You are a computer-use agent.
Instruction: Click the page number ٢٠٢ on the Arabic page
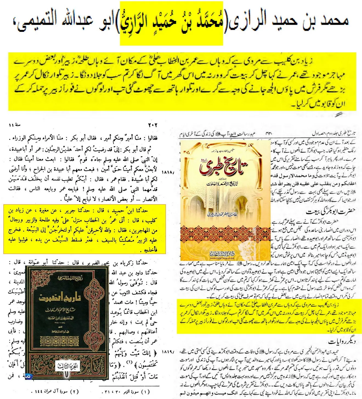[x=152, y=125]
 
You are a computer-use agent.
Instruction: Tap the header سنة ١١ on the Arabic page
[x=15, y=125]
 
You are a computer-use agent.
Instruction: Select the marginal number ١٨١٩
[x=168, y=351]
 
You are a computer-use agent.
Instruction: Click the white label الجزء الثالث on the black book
[x=67, y=366]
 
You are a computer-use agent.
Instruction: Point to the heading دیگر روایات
[x=341, y=342]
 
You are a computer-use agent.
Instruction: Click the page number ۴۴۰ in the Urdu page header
[x=269, y=133]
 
